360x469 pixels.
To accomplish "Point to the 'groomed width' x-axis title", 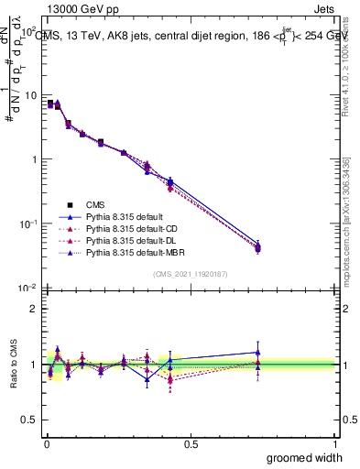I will pos(300,457).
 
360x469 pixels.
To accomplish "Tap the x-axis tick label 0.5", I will pos(191,443).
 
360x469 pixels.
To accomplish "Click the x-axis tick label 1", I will pos(333,443).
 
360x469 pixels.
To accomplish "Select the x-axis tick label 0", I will pos(46,443).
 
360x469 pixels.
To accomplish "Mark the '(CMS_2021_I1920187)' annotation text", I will pos(190,274).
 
